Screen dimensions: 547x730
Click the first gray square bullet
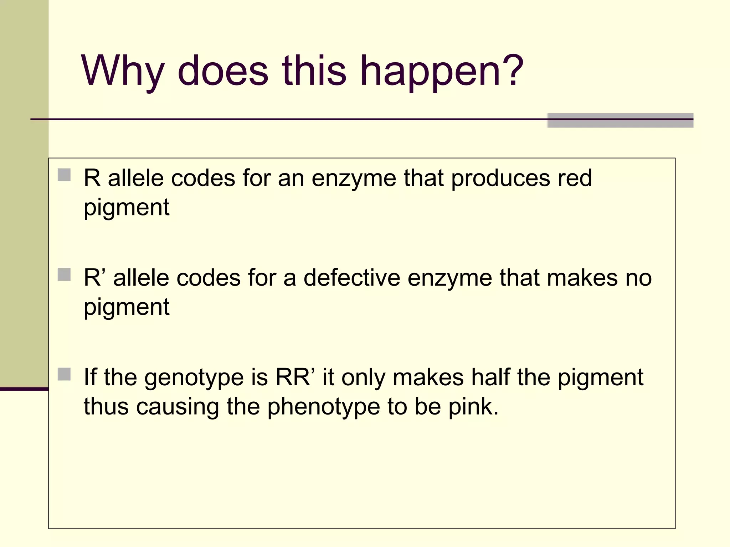click(x=64, y=175)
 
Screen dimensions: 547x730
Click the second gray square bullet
click(x=64, y=275)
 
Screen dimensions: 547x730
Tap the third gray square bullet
click(x=64, y=374)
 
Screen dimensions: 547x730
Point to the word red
click(x=575, y=178)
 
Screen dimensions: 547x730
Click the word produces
click(x=501, y=178)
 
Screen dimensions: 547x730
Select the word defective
click(x=351, y=277)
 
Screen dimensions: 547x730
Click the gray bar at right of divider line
click(x=620, y=120)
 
